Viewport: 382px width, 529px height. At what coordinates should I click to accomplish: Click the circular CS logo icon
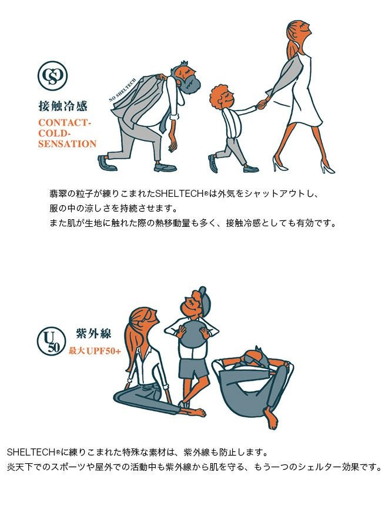pos(52,76)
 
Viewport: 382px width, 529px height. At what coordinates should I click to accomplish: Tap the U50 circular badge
pos(51,341)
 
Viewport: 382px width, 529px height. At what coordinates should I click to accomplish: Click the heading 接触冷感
pos(63,106)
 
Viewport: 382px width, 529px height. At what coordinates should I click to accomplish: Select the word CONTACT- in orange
pos(65,122)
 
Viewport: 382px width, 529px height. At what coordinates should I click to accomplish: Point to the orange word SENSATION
pos(67,144)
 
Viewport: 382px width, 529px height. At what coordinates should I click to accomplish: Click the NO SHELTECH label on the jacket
pos(122,90)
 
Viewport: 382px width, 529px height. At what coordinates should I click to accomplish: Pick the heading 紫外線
pos(93,334)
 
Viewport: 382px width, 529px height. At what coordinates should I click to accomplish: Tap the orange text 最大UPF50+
pos(95,350)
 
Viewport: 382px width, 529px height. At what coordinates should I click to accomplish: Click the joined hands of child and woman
pos(261,103)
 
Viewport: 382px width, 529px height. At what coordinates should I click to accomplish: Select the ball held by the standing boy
pos(192,333)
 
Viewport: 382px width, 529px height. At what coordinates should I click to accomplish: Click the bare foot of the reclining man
pos(270,418)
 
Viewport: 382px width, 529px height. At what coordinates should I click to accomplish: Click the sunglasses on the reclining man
pos(253,357)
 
